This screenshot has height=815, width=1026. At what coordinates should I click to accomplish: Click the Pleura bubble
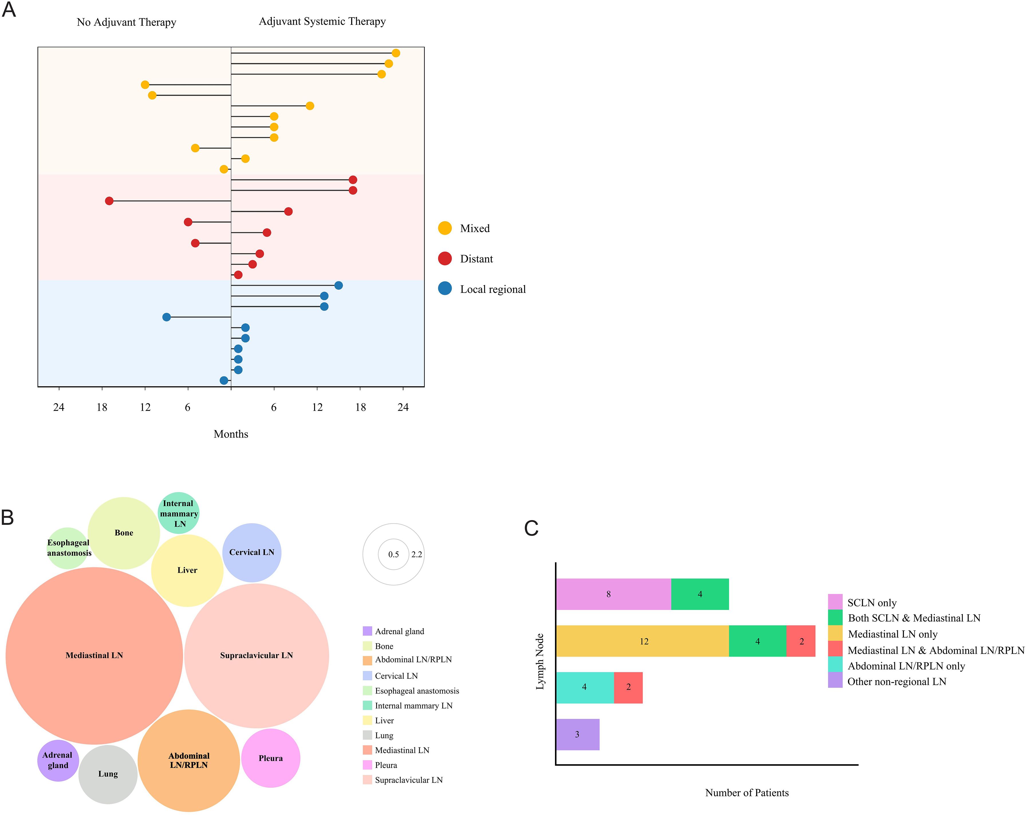point(270,758)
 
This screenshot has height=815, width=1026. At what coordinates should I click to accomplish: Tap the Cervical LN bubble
point(252,552)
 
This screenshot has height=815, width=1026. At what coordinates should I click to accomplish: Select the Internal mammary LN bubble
point(178,513)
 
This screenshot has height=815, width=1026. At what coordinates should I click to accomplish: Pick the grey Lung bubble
point(108,774)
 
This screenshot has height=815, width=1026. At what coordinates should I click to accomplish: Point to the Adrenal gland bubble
point(58,760)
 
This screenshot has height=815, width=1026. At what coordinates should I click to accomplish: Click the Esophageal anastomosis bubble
point(68,548)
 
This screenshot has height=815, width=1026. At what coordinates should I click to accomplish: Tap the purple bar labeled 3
point(577,734)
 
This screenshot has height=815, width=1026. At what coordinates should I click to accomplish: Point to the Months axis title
point(231,434)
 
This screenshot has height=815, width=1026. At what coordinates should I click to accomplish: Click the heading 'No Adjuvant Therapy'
point(127,22)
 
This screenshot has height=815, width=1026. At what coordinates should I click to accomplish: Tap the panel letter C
point(531,528)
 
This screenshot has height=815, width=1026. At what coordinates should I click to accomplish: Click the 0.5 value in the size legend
point(393,554)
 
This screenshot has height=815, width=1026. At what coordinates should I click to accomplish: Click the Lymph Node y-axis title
point(540,661)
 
